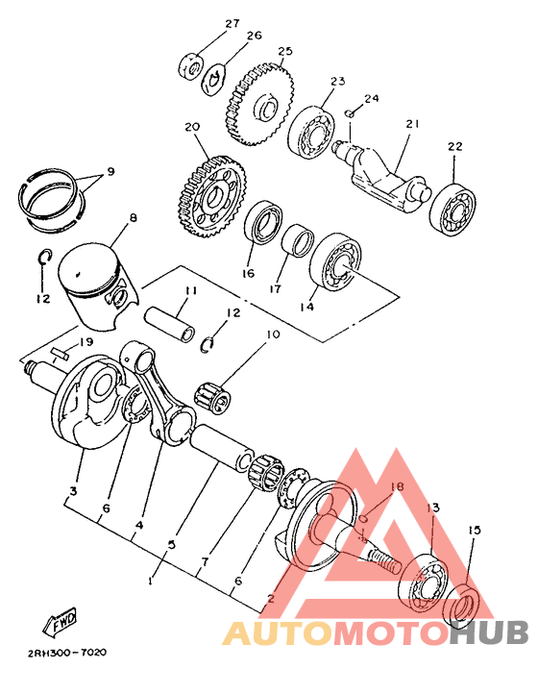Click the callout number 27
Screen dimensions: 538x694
click(232, 23)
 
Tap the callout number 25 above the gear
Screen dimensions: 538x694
click(285, 51)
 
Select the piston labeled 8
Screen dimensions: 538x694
click(99, 285)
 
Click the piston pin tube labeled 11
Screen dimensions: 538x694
click(170, 325)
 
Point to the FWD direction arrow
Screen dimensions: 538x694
click(60, 621)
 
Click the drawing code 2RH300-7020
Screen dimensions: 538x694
click(67, 653)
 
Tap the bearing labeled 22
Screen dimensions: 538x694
click(452, 209)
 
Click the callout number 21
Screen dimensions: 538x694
click(413, 124)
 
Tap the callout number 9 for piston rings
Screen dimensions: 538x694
click(110, 171)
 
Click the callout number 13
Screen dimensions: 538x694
click(433, 508)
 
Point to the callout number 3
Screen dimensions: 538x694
click(73, 491)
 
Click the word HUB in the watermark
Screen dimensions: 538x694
click(490, 632)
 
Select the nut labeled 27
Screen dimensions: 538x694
click(190, 67)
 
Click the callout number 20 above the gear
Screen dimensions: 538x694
click(192, 127)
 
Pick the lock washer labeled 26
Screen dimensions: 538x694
click(215, 80)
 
